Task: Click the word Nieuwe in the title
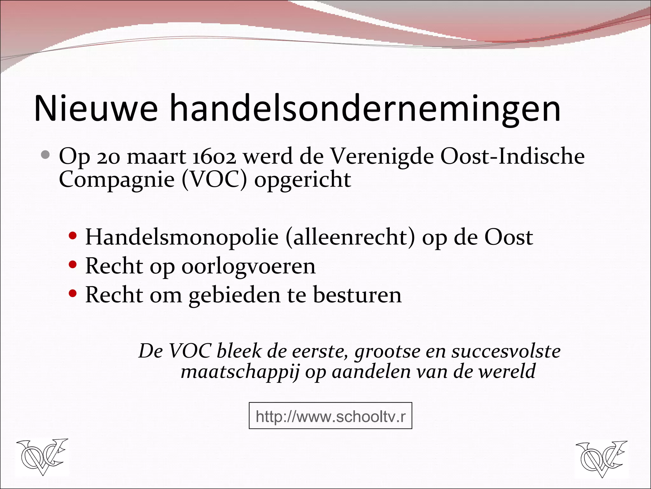pyautogui.click(x=96, y=108)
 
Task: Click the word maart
pyautogui.click(x=156, y=157)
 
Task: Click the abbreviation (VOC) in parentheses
pyautogui.click(x=214, y=180)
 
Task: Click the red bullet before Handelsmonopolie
pyautogui.click(x=73, y=236)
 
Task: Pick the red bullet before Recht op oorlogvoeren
pyautogui.click(x=73, y=265)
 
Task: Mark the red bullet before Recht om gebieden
pyautogui.click(x=73, y=294)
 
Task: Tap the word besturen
pyautogui.click(x=357, y=295)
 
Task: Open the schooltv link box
pyautogui.click(x=330, y=416)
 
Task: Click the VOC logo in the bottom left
pyautogui.click(x=42, y=457)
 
